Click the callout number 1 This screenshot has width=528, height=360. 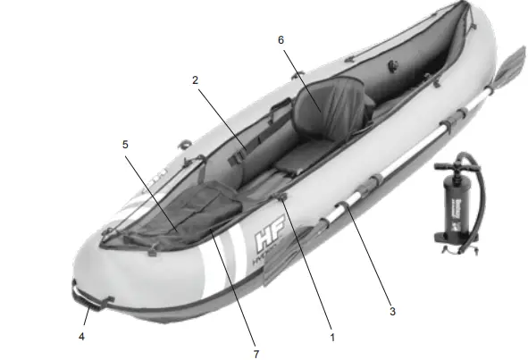click(x=332, y=339)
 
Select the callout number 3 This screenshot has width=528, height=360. click(x=391, y=312)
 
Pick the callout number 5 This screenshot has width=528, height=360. click(x=124, y=142)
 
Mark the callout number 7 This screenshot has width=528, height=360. click(x=256, y=355)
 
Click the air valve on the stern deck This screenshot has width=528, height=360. click(x=390, y=66)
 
